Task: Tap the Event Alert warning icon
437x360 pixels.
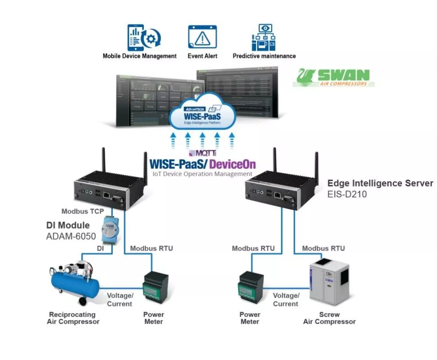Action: coord(202,37)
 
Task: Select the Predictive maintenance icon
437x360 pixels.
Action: coord(263,37)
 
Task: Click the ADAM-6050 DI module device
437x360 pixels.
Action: coord(109,231)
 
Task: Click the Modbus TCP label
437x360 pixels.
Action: coord(83,211)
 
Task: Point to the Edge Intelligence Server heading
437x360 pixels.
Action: coord(380,183)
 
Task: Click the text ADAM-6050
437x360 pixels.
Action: coord(71,236)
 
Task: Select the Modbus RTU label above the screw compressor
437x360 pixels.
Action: coord(323,248)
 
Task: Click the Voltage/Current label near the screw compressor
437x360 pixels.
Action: coord(286,300)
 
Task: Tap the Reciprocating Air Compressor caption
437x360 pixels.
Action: coord(73,318)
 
